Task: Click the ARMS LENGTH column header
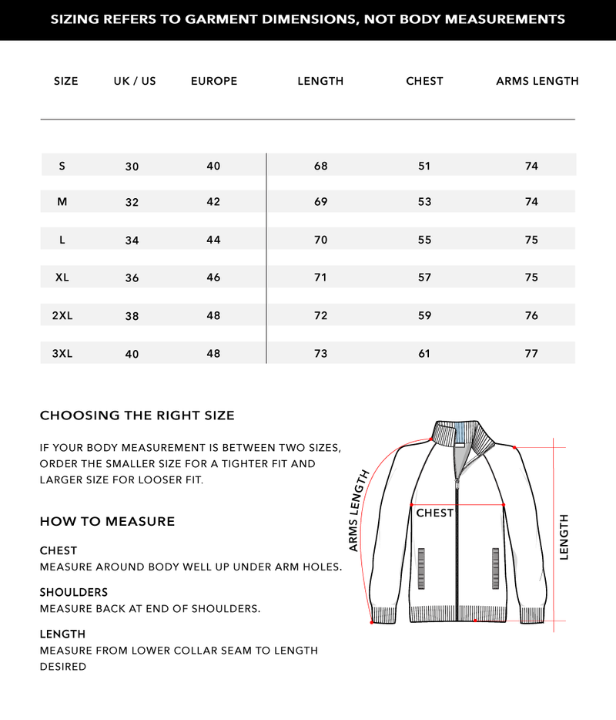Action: (537, 81)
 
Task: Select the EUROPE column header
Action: (213, 81)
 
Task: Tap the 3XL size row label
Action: (62, 354)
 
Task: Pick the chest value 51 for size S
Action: (424, 166)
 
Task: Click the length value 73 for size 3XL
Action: (320, 354)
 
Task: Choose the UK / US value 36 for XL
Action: (132, 278)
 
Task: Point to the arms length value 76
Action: (531, 315)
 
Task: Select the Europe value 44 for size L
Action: (213, 240)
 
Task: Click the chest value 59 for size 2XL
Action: (424, 315)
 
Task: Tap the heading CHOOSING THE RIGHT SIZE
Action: (137, 416)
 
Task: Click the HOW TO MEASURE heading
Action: (107, 522)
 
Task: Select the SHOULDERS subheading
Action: (73, 593)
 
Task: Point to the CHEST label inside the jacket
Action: (434, 513)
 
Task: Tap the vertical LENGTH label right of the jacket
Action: (564, 537)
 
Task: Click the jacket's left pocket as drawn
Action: (421, 568)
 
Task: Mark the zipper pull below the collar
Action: (457, 483)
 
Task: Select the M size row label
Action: (62, 202)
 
